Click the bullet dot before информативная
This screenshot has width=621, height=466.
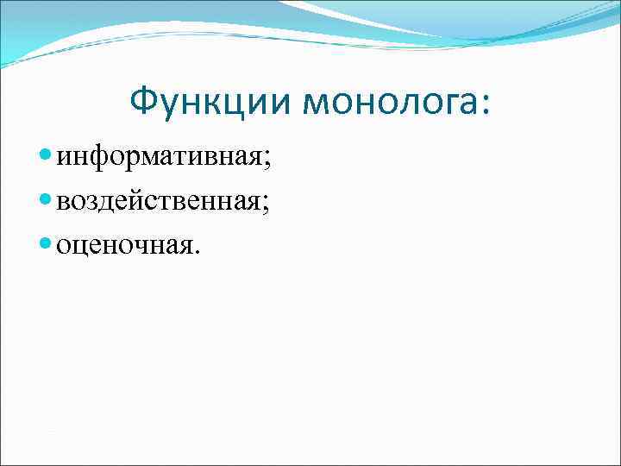[x=47, y=157]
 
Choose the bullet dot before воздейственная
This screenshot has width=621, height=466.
[x=47, y=202]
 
